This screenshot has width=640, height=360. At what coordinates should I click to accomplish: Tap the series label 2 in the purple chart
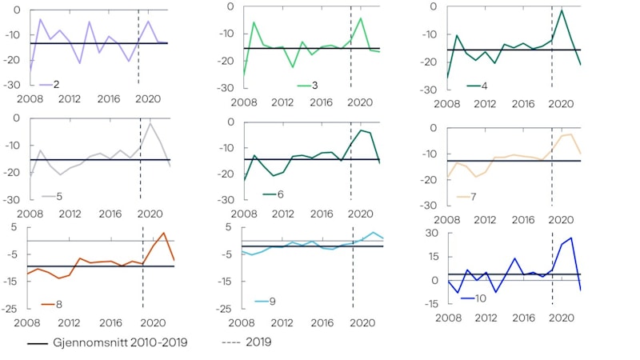pyautogui.click(x=55, y=84)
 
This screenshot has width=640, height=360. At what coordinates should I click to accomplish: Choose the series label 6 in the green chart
pyautogui.click(x=279, y=194)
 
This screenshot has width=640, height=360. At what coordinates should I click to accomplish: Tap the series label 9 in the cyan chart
pyautogui.click(x=272, y=302)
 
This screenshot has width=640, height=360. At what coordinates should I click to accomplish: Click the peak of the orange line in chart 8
pyautogui.click(x=163, y=233)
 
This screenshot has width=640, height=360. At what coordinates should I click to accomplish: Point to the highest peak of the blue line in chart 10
pyautogui.click(x=571, y=238)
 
